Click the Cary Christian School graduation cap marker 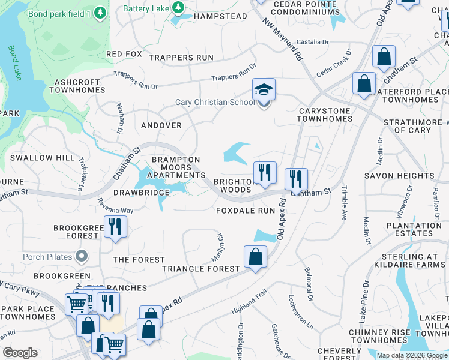[x=264, y=90]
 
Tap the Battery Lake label [x=146, y=8]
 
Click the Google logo [x=20, y=353]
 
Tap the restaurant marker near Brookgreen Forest [x=113, y=227]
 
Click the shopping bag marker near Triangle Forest [x=255, y=257]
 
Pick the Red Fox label [x=124, y=54]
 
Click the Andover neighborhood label [x=161, y=125]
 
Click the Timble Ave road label [x=344, y=203]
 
